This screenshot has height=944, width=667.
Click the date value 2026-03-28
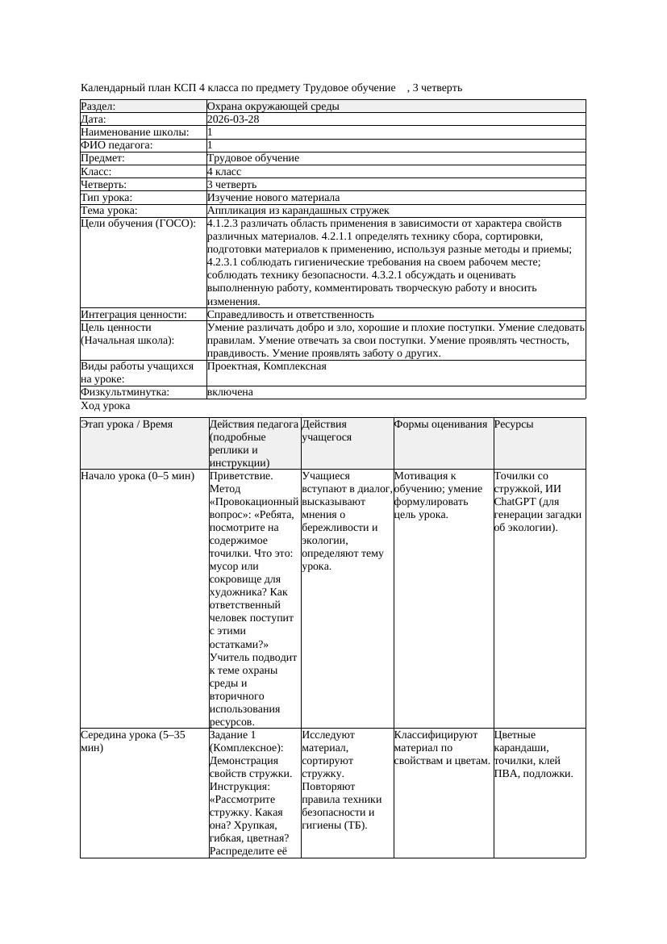(233, 119)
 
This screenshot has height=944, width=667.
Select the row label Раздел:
(98, 107)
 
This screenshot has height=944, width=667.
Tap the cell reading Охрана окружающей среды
(273, 107)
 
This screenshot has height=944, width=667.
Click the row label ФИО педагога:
(117, 145)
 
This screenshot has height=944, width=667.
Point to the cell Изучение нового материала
(273, 198)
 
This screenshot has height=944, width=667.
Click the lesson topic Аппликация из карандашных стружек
(298, 211)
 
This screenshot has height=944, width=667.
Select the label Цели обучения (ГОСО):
(138, 223)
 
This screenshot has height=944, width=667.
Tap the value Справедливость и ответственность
(290, 315)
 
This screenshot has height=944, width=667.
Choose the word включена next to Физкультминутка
(230, 392)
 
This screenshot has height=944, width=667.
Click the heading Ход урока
(105, 407)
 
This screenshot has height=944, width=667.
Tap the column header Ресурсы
(514, 424)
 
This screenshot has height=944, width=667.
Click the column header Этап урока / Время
(127, 424)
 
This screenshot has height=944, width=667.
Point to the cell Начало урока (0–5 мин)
(138, 476)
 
